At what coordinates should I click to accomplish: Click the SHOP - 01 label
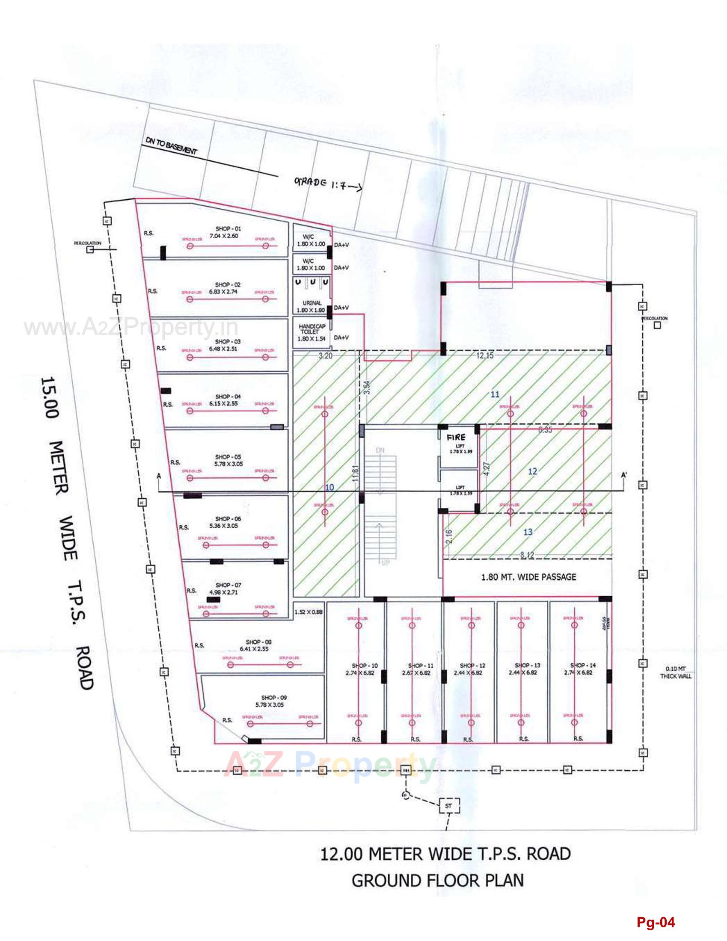coord(228,229)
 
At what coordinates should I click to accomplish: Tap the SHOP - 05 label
coord(228,457)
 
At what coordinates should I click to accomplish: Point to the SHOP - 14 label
coord(583,665)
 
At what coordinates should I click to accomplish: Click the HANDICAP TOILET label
coord(312,329)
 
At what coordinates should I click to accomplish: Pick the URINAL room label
coord(312,303)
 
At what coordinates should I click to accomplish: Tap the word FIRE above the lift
coord(456,437)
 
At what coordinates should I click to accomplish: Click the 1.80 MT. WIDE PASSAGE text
coord(528,577)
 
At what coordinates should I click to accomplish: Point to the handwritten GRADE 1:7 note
coord(327,184)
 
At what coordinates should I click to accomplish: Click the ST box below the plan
coord(448,806)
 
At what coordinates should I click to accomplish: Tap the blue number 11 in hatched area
coord(495,394)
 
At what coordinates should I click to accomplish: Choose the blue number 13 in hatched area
coord(528,532)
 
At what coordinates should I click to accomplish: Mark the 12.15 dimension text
coord(484,355)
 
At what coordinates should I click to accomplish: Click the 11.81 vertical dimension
coord(355,473)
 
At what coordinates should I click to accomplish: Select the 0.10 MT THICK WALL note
coord(675,672)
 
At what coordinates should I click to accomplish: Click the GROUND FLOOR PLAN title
coord(437,881)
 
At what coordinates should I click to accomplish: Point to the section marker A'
coord(624,475)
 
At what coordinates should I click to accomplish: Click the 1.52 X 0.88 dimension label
coord(309,612)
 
